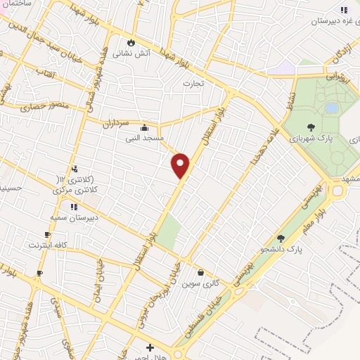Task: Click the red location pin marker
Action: click(x=181, y=166)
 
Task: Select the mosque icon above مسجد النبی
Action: click(x=144, y=128)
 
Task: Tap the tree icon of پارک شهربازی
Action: click(x=311, y=129)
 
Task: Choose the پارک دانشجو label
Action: click(x=281, y=249)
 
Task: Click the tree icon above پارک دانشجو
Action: click(x=281, y=238)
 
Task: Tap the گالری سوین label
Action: click(x=198, y=283)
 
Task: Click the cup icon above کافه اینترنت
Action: click(x=46, y=235)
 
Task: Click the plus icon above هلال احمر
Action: click(x=150, y=347)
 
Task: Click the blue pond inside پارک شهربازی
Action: click(x=331, y=108)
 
